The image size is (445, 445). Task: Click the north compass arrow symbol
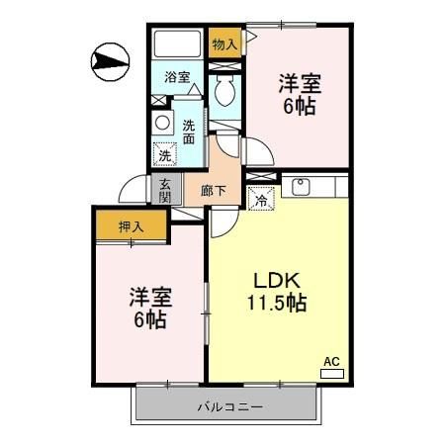pyautogui.click(x=108, y=60)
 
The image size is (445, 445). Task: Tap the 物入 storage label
pyautogui.click(x=225, y=44)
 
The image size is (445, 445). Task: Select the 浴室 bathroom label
pyautogui.click(x=178, y=76)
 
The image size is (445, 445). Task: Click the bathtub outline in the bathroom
pyautogui.click(x=177, y=44)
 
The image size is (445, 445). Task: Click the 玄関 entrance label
pyautogui.click(x=165, y=189)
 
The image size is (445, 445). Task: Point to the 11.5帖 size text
pyautogui.click(x=278, y=303)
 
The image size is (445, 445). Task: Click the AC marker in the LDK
pyautogui.click(x=332, y=363)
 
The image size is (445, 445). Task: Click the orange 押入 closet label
pyautogui.click(x=132, y=226)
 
